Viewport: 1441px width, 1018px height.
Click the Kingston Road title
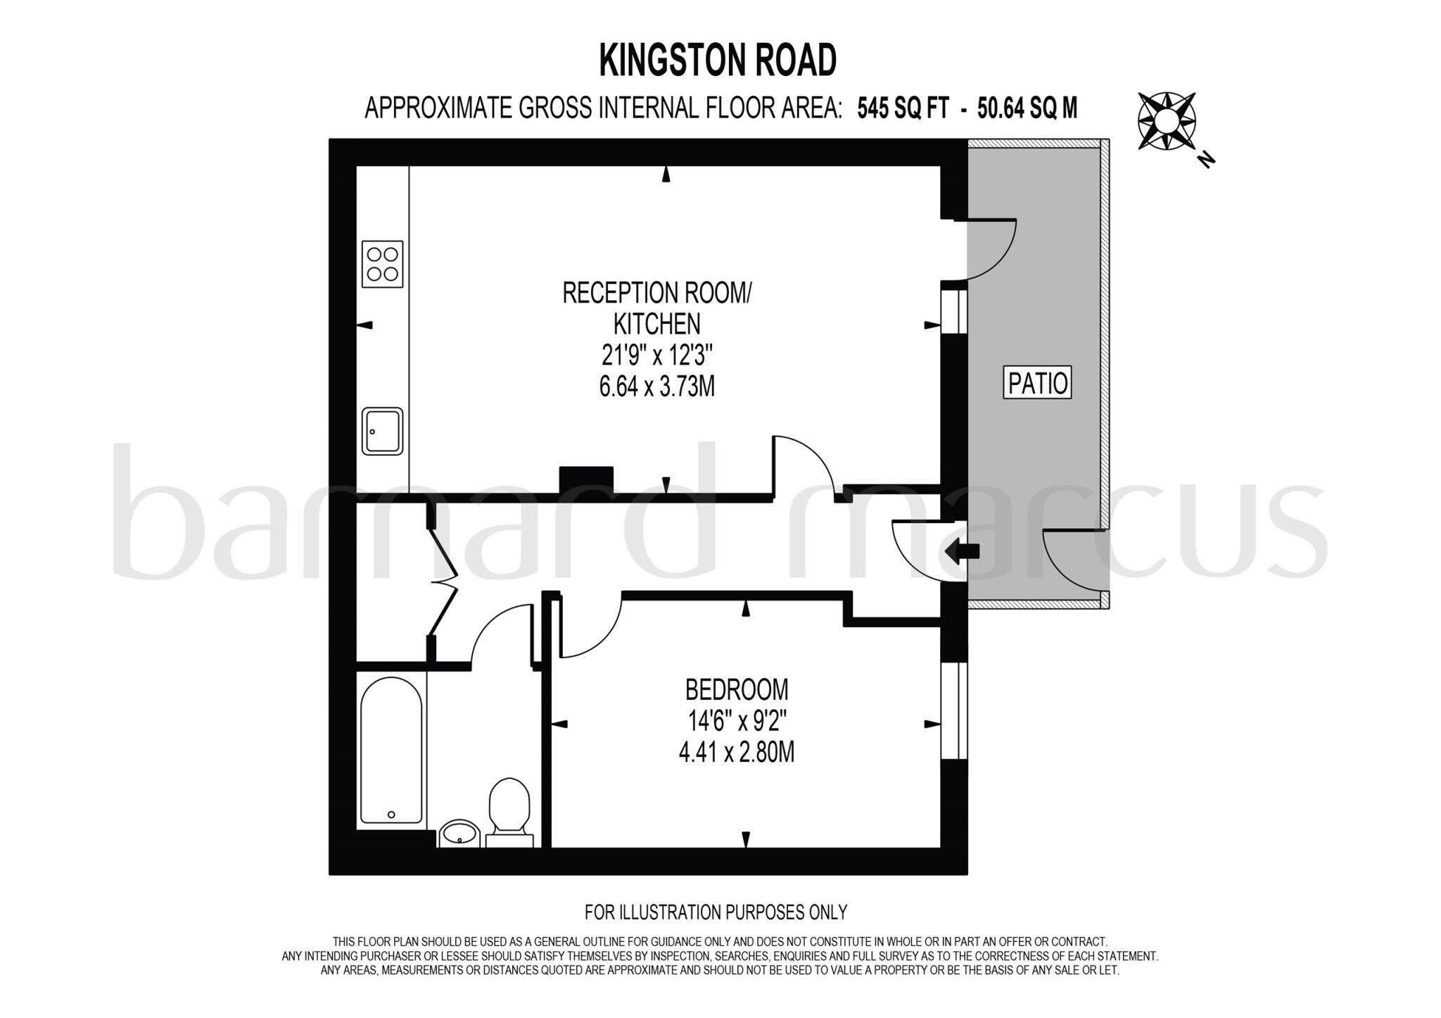coord(718,61)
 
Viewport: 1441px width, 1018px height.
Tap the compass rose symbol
coord(1166,121)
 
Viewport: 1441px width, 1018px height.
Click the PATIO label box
coord(1037,383)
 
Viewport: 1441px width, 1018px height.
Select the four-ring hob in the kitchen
coord(382,264)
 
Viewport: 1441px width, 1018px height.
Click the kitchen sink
coord(382,431)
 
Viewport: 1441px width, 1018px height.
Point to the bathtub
coord(391,750)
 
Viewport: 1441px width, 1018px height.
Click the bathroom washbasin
coord(459,834)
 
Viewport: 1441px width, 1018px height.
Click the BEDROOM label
coord(736,689)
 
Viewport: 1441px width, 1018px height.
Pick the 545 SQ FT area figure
coord(903,109)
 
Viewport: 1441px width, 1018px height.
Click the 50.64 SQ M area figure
coord(1027,109)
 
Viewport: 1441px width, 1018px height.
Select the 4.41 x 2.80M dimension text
coord(736,753)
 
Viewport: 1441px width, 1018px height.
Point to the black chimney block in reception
coord(586,479)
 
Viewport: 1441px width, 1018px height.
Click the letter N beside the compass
coord(1207,161)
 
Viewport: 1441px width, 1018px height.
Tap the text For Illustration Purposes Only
coord(716,912)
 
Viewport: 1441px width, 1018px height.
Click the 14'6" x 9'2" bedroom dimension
coord(736,721)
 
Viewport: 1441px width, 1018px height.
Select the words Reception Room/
coord(656,293)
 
